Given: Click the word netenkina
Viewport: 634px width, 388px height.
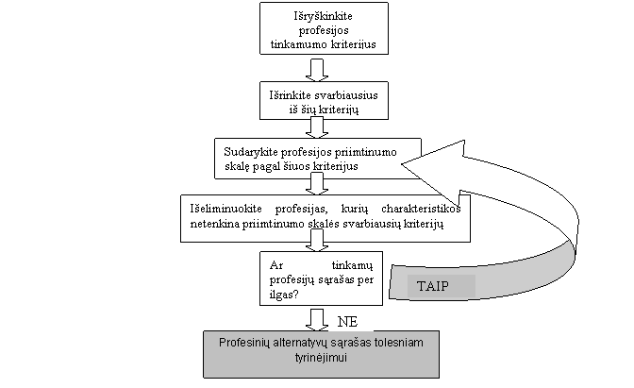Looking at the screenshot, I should [213, 225].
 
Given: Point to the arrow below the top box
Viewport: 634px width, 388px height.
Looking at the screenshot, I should [318, 69].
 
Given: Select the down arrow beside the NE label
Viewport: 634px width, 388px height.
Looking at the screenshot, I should [318, 317].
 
